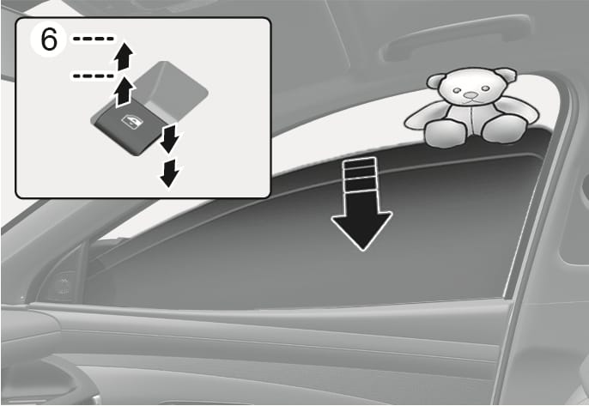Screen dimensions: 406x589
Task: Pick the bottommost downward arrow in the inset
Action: coord(170,173)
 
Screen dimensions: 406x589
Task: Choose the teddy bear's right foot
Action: coord(499,128)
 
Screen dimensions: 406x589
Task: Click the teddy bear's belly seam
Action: coord(471,120)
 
